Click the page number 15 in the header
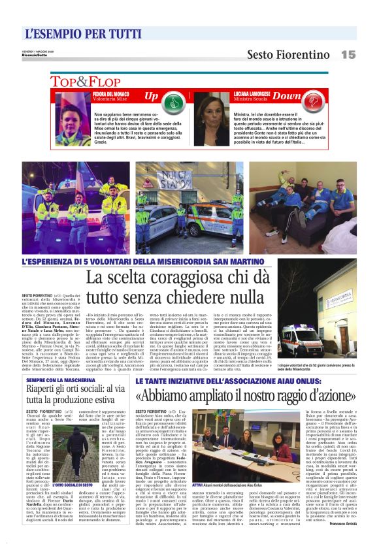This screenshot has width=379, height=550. pyautogui.click(x=348, y=54)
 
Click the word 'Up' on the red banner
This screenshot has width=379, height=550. pyautogui.click(x=151, y=97)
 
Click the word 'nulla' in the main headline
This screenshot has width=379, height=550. pyautogui.click(x=250, y=297)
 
